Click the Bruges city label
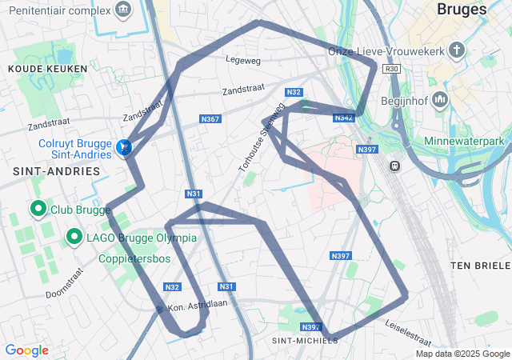[x=462, y=10]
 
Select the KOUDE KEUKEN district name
[x=41, y=70]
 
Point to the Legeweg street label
[x=244, y=58]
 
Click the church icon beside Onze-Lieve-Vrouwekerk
[x=457, y=51]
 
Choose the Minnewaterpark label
[x=469, y=142]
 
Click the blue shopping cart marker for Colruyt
[x=123, y=146]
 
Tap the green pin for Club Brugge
[x=37, y=209]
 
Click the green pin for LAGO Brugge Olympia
[x=74, y=236]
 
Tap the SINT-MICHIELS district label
[x=305, y=340]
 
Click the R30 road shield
[x=391, y=70]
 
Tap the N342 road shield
[x=343, y=118]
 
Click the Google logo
[x=26, y=350]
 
